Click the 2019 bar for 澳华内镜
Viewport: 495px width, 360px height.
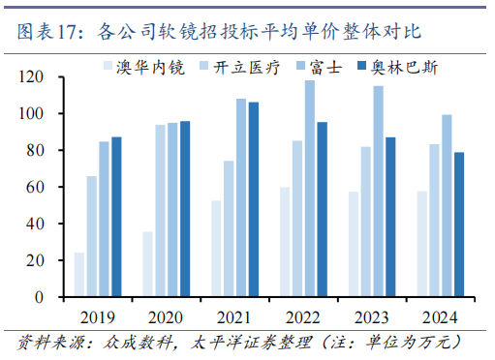(79, 276)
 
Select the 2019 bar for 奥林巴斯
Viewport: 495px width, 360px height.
(116, 218)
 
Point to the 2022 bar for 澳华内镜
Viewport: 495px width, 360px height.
(285, 243)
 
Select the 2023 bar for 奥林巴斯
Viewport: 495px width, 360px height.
(390, 218)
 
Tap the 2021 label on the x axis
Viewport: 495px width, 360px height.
(234, 316)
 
